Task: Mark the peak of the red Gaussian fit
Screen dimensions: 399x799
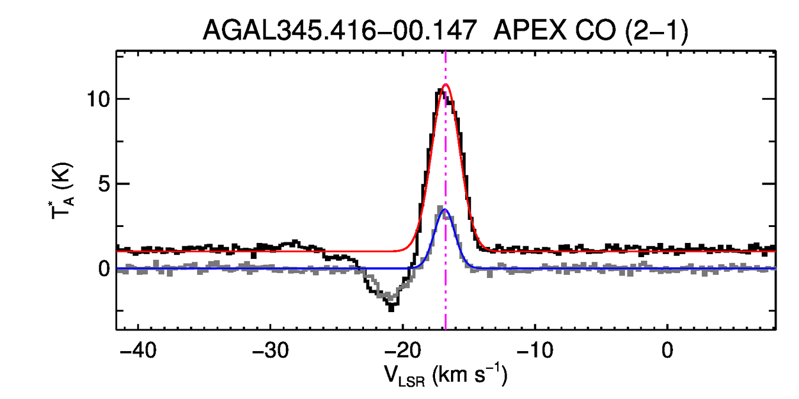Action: point(446,85)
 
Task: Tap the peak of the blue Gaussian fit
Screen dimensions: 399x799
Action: point(445,210)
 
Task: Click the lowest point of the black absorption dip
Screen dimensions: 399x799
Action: point(391,309)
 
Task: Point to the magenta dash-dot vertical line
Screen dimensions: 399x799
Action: point(446,148)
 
